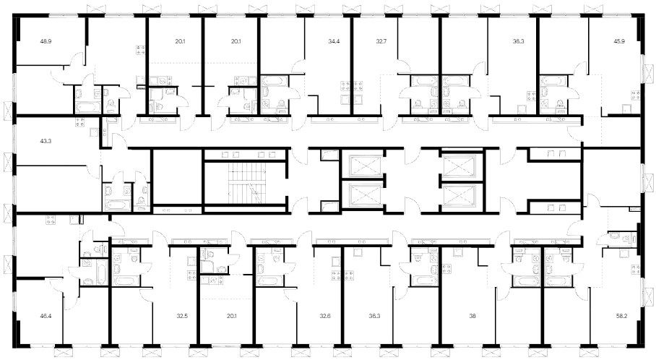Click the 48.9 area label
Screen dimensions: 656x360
45,41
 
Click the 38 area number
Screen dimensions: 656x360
472,316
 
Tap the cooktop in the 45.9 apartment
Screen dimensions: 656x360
635,96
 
